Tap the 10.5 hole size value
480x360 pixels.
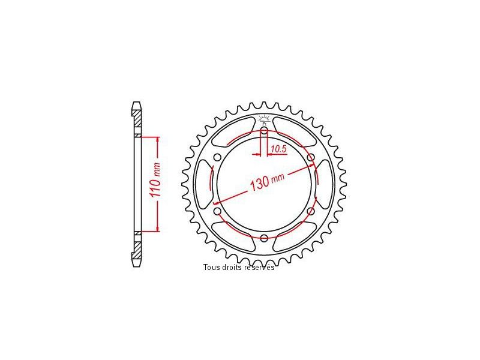(278, 149)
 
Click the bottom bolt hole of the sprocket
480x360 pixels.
(264, 238)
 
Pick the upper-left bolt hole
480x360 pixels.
(217, 157)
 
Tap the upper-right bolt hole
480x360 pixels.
(311, 157)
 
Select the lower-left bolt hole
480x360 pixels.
(217, 211)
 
